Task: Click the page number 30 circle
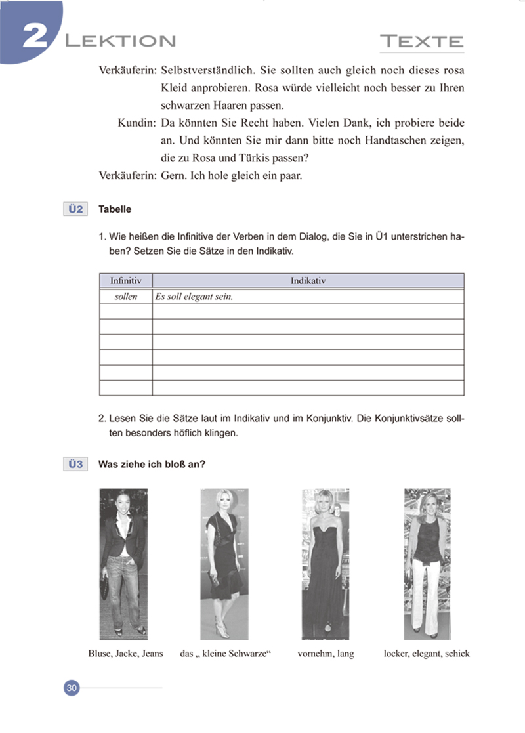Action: point(72,688)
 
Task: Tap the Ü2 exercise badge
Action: point(74,209)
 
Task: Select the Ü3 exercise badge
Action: point(74,465)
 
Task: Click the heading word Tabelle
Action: point(115,209)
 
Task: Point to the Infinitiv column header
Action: point(125,280)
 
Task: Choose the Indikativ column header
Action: point(308,280)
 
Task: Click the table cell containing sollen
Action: point(125,296)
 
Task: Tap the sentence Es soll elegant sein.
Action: point(194,296)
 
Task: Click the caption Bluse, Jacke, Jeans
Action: point(125,654)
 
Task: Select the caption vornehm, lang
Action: point(325,654)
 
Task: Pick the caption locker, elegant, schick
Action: point(427,654)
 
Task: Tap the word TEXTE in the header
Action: point(422,42)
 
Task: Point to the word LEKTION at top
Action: point(120,41)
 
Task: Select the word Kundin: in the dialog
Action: point(136,123)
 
